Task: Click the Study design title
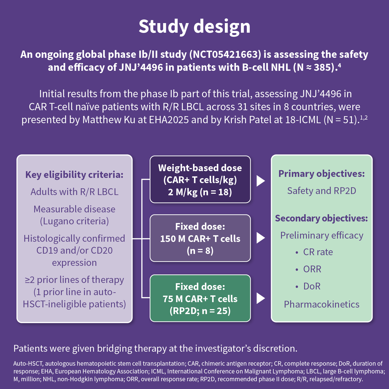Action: (195, 26)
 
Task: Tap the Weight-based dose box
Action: (200, 179)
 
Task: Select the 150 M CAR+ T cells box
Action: (200, 238)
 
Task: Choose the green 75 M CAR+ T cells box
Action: (200, 298)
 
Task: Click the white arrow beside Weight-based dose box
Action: (260, 181)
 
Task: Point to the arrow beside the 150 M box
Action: (260, 238)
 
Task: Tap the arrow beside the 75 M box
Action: (260, 298)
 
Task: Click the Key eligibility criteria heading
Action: (74, 175)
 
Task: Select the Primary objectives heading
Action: (322, 174)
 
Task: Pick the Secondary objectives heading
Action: (322, 218)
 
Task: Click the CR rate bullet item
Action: (318, 252)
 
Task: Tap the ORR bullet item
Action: (312, 269)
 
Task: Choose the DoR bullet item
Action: (312, 286)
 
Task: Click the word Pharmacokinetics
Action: (322, 304)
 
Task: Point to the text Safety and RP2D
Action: (322, 191)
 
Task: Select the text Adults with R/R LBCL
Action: (74, 192)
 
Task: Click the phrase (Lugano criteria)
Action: (74, 221)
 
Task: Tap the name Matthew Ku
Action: (109, 120)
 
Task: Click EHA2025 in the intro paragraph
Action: (169, 120)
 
